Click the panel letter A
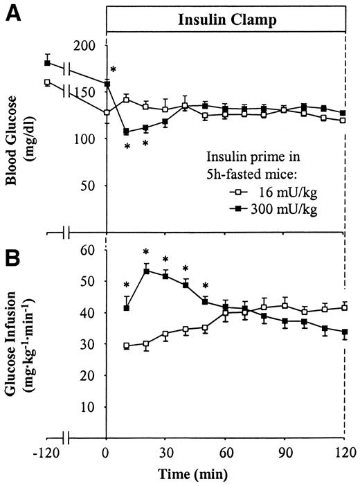11,14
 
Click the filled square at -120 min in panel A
47,63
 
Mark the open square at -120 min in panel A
47,82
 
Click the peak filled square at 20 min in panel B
146,271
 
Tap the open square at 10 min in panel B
126,345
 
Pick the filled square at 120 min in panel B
345,332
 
